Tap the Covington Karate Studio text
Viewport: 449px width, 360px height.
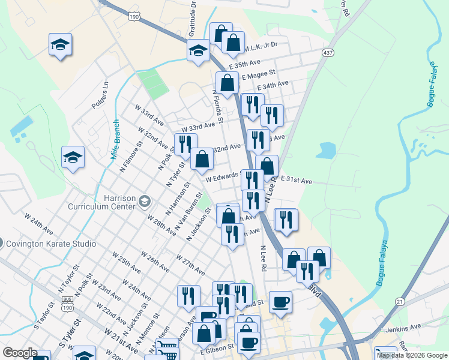[x=50, y=244]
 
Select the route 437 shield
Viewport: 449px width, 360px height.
[x=328, y=52]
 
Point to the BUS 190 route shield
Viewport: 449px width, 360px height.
[x=68, y=304]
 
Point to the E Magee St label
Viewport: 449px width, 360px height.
[x=258, y=75]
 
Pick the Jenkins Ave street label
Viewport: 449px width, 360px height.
[x=405, y=328]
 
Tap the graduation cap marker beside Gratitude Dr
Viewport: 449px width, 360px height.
[x=197, y=51]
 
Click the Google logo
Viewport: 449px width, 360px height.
[x=20, y=353]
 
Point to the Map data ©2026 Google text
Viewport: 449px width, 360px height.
[x=412, y=355]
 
